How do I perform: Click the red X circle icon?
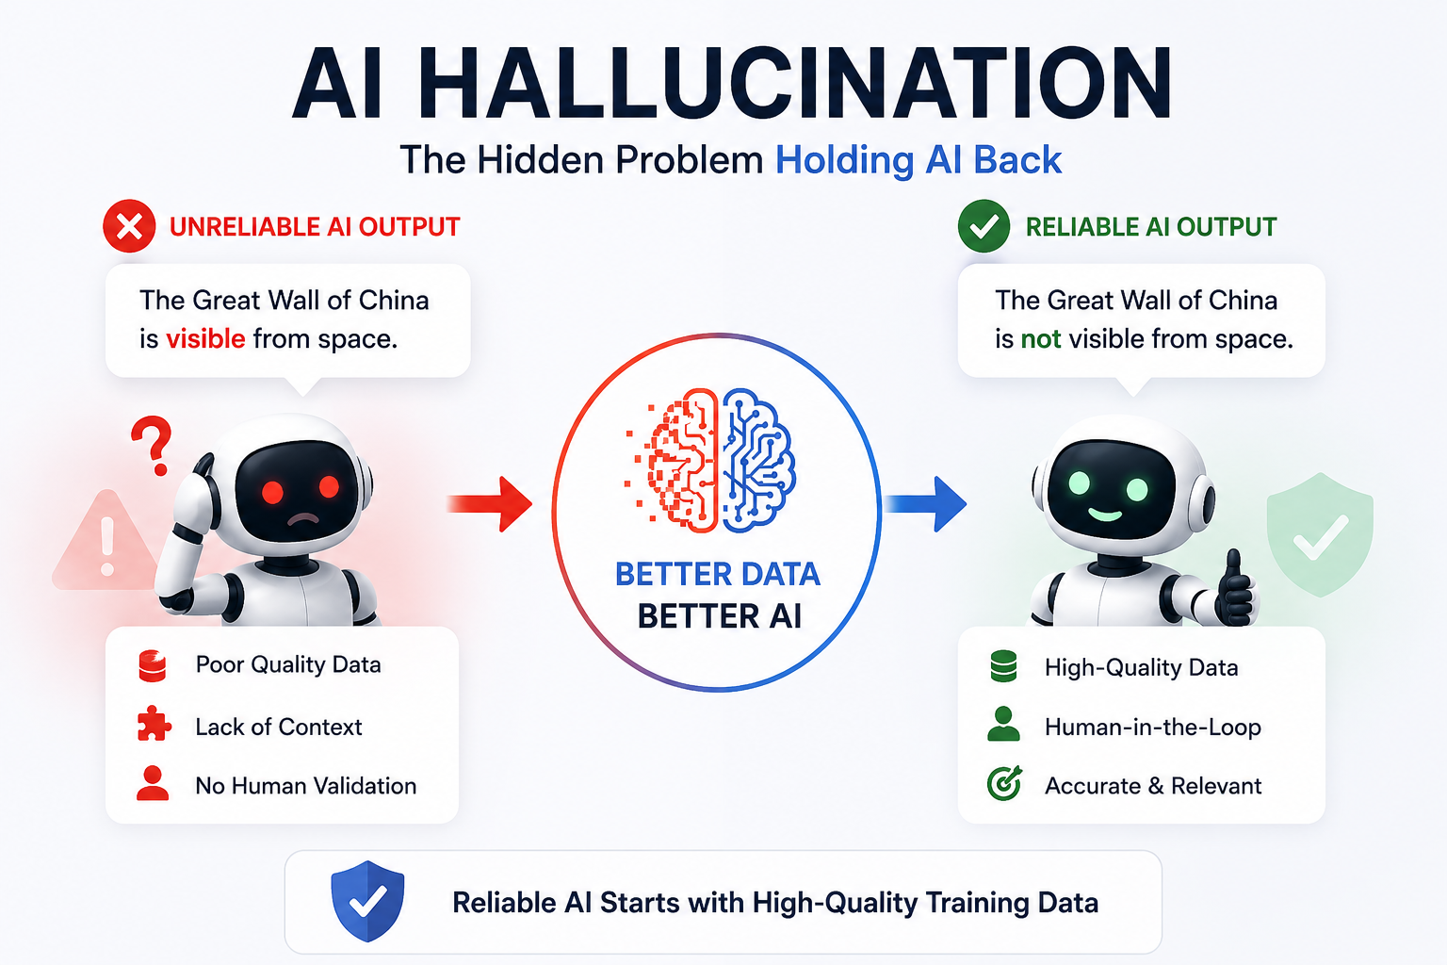coord(129,226)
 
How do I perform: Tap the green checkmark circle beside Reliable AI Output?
coord(984,226)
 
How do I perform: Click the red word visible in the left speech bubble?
coord(205,338)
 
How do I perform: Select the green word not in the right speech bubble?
coord(1041,338)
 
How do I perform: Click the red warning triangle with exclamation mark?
coord(106,540)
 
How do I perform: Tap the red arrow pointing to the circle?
coord(490,504)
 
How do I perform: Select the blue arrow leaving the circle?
coord(925,504)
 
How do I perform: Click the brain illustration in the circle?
coord(710,460)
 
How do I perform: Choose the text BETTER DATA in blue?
coord(718,574)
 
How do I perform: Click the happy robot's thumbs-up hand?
coord(1235,588)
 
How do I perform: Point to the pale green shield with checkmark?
coord(1320,535)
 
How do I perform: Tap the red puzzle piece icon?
coord(154,723)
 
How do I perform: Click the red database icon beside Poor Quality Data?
coord(153,666)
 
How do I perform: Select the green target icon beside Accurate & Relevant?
coord(1004,783)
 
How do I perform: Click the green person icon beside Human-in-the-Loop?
coord(1004,724)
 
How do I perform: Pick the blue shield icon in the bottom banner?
coord(367,901)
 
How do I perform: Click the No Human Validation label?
coord(306,786)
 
